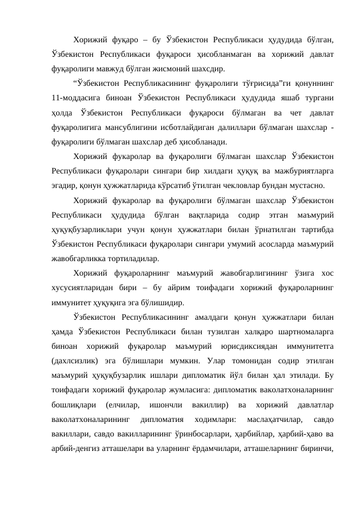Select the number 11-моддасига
pyautogui.click(x=74, y=98)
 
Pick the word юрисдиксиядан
pyautogui.click(x=242, y=346)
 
